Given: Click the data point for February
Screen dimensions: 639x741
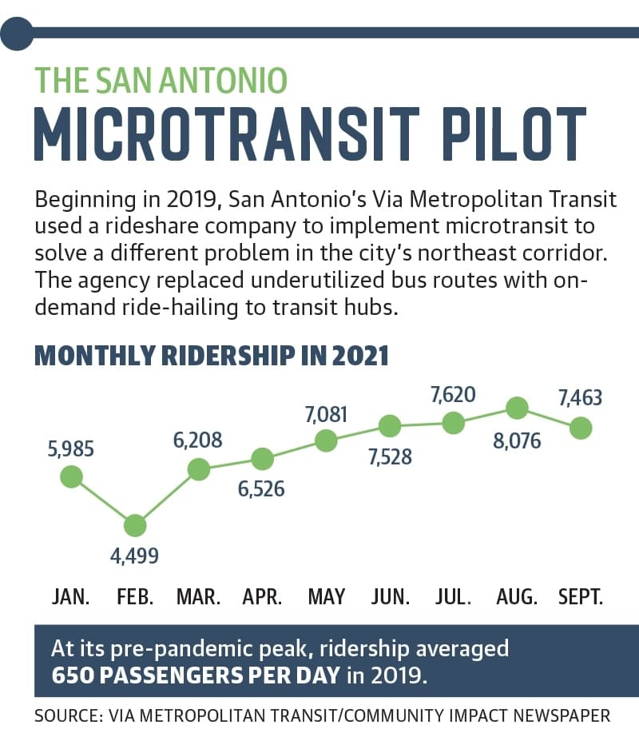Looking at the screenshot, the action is (135, 525).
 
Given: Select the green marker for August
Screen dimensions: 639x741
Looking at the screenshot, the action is (517, 408).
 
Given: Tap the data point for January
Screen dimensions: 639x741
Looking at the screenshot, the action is (72, 476).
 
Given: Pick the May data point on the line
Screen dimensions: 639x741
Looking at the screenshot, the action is (327, 441).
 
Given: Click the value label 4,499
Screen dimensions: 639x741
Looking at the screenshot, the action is (135, 556).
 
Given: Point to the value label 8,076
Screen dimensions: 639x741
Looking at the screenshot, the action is (517, 441).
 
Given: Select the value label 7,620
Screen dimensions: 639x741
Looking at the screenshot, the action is (453, 395).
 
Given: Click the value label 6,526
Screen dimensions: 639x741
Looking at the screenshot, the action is (261, 489).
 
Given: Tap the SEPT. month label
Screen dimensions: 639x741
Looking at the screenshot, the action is (581, 597).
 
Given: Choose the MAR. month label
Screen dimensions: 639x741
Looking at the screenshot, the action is (198, 597).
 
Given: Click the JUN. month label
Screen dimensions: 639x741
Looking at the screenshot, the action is (390, 597).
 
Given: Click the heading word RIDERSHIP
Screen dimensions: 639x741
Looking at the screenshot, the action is (228, 356).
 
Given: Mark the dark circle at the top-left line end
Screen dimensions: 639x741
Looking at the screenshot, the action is (17, 33).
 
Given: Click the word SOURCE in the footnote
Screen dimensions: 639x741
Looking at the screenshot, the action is (69, 716).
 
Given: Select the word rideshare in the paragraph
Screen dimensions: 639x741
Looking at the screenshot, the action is (152, 226).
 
